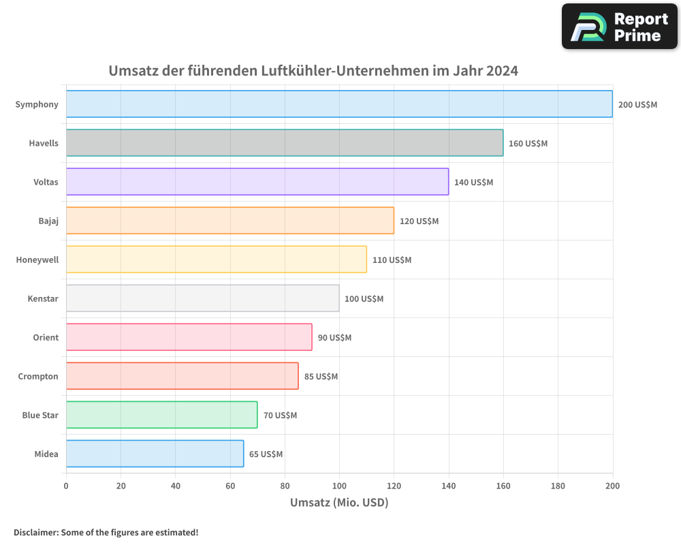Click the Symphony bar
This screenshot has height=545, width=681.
coord(339,104)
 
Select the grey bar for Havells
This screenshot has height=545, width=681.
coord(285,143)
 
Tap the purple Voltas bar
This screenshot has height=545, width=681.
coord(257,182)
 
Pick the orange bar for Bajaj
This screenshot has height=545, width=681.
coord(230,221)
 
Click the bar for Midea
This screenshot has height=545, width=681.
coord(155,454)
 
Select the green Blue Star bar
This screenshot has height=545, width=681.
coord(161,415)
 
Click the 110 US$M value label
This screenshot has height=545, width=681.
coord(392,260)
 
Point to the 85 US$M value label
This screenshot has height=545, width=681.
coord(321,376)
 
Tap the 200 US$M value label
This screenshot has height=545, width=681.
coord(637,104)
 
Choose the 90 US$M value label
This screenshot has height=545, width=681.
coord(334,337)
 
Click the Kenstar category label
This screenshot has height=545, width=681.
coord(43,298)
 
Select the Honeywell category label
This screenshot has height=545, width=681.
coord(37,260)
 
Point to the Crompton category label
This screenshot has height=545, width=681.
coord(38,376)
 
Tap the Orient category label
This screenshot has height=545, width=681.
coord(46,337)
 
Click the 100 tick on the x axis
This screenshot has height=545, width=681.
coord(339,486)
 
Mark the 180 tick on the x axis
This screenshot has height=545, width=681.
coord(558,486)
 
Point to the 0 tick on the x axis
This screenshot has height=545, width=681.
coord(66,486)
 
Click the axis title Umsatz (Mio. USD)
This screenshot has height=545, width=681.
coord(339,503)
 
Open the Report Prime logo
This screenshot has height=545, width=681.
coord(619,27)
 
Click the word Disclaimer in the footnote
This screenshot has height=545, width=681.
coord(35,532)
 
